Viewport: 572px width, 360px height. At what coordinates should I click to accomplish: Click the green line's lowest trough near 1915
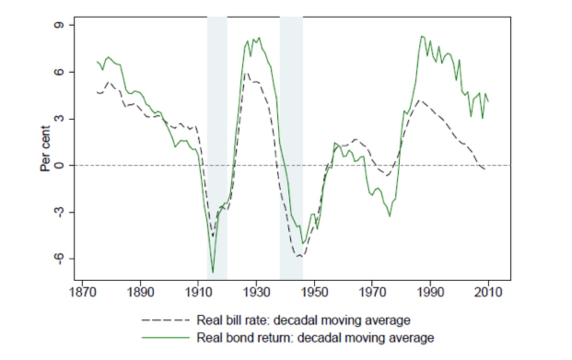tap(213, 272)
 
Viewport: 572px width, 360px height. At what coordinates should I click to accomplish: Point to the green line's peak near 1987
tap(421, 36)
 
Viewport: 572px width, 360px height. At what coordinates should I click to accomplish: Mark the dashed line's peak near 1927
tap(247, 73)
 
